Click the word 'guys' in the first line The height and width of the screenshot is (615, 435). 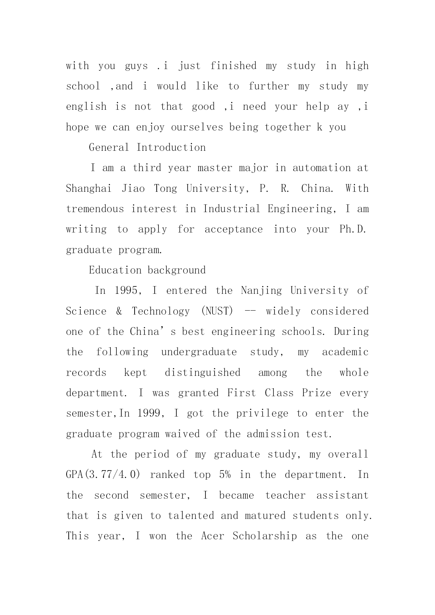coord(136,66)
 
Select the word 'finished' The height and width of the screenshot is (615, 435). coord(233,66)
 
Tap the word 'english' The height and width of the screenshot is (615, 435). coord(86,107)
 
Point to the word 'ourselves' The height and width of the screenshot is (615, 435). coord(197,127)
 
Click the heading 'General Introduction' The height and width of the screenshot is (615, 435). coord(147,148)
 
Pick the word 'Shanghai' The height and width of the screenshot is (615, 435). coord(89,189)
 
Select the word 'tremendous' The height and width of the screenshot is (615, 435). coord(95,209)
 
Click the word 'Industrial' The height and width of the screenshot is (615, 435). coord(231,209)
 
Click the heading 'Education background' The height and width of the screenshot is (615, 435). coord(147,270)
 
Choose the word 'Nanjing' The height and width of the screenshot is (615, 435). coord(261,291)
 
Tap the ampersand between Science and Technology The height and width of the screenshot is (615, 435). coord(119,311)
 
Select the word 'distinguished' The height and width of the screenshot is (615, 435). coord(203,373)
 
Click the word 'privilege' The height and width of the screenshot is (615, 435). coord(262,413)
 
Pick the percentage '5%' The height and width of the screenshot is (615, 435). coord(225,475)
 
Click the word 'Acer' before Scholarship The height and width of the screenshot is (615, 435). coord(212,536)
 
